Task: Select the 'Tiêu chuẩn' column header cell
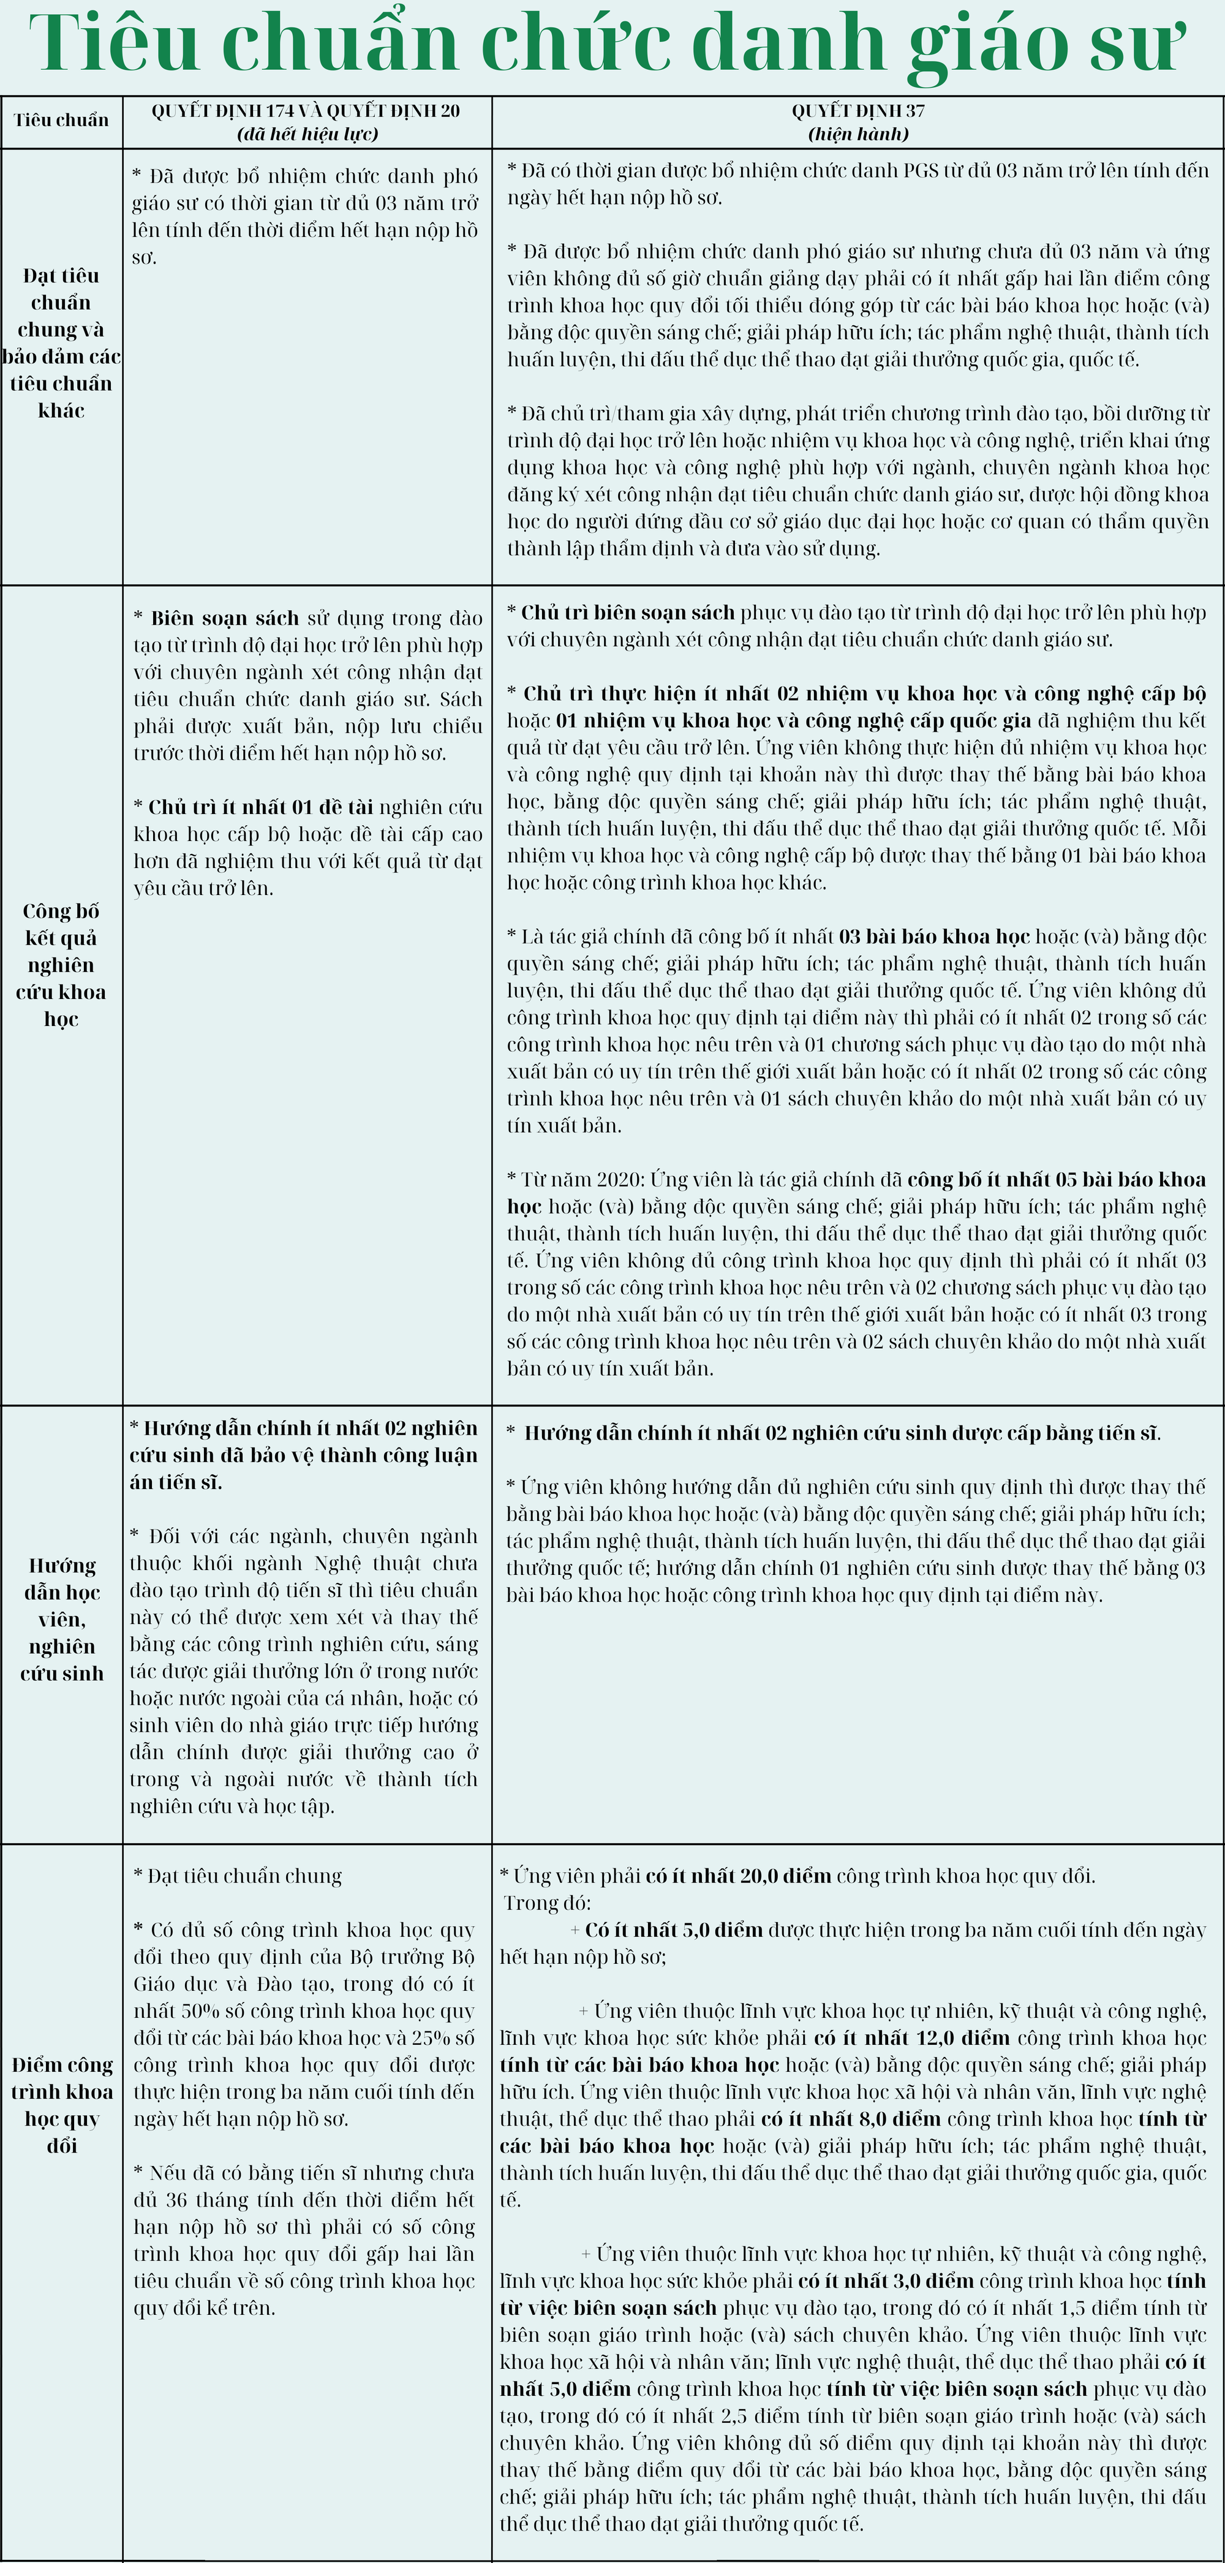61,121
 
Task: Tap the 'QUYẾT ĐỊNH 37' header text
858,110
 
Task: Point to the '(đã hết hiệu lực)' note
306,134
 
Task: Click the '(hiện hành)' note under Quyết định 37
858,134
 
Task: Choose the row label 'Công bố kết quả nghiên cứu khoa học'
61,964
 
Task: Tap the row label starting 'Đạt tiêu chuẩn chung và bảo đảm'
61,343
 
